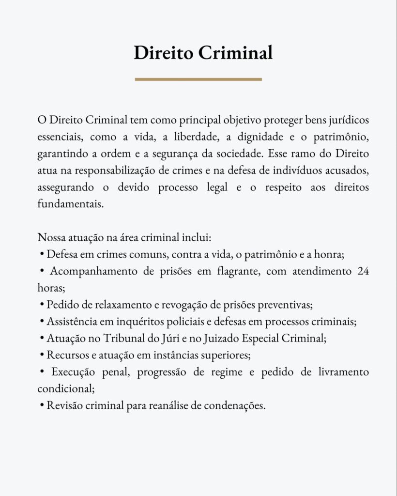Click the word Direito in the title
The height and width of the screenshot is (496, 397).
163,53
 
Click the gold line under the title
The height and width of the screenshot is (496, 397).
198,79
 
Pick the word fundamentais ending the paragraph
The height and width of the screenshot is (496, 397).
70,204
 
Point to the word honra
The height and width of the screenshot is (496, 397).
330,254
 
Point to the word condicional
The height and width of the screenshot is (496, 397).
62,388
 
